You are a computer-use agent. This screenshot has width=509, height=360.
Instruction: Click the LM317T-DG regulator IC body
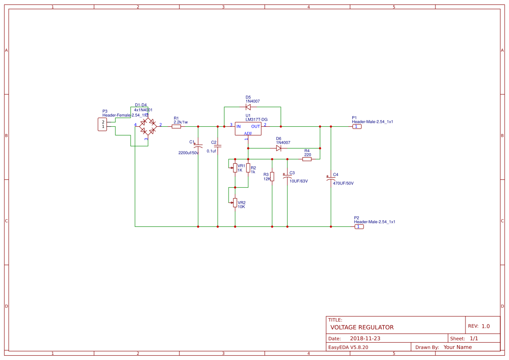coord(248,128)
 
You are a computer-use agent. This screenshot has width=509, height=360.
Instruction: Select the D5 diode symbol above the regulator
coord(248,107)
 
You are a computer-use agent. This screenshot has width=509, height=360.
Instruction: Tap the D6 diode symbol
coord(279,148)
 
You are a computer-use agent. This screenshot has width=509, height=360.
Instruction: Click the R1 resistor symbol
coord(176,127)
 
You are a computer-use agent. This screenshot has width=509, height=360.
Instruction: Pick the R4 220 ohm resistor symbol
coord(307,159)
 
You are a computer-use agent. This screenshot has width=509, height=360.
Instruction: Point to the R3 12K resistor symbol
coord(272,176)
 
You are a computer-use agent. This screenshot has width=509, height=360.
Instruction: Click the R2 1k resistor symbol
coord(248,168)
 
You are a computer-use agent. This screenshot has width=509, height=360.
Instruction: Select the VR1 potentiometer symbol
coord(235,168)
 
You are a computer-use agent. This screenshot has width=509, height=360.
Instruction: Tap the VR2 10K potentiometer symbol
coord(235,202)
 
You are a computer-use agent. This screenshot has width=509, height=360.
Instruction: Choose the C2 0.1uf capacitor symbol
coord(217,146)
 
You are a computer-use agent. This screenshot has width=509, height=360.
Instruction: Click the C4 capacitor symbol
coord(330,178)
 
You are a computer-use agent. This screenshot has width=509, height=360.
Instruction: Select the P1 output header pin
coord(357,127)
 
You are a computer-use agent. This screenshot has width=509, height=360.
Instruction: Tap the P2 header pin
coord(359,227)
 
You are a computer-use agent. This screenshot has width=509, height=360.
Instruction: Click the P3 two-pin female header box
coord(103,124)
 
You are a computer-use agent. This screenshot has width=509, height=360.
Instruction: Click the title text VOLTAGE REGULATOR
coord(362,327)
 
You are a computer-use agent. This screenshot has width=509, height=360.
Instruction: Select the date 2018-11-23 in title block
coord(365,339)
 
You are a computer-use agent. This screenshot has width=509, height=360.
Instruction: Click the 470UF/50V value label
coord(343,184)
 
